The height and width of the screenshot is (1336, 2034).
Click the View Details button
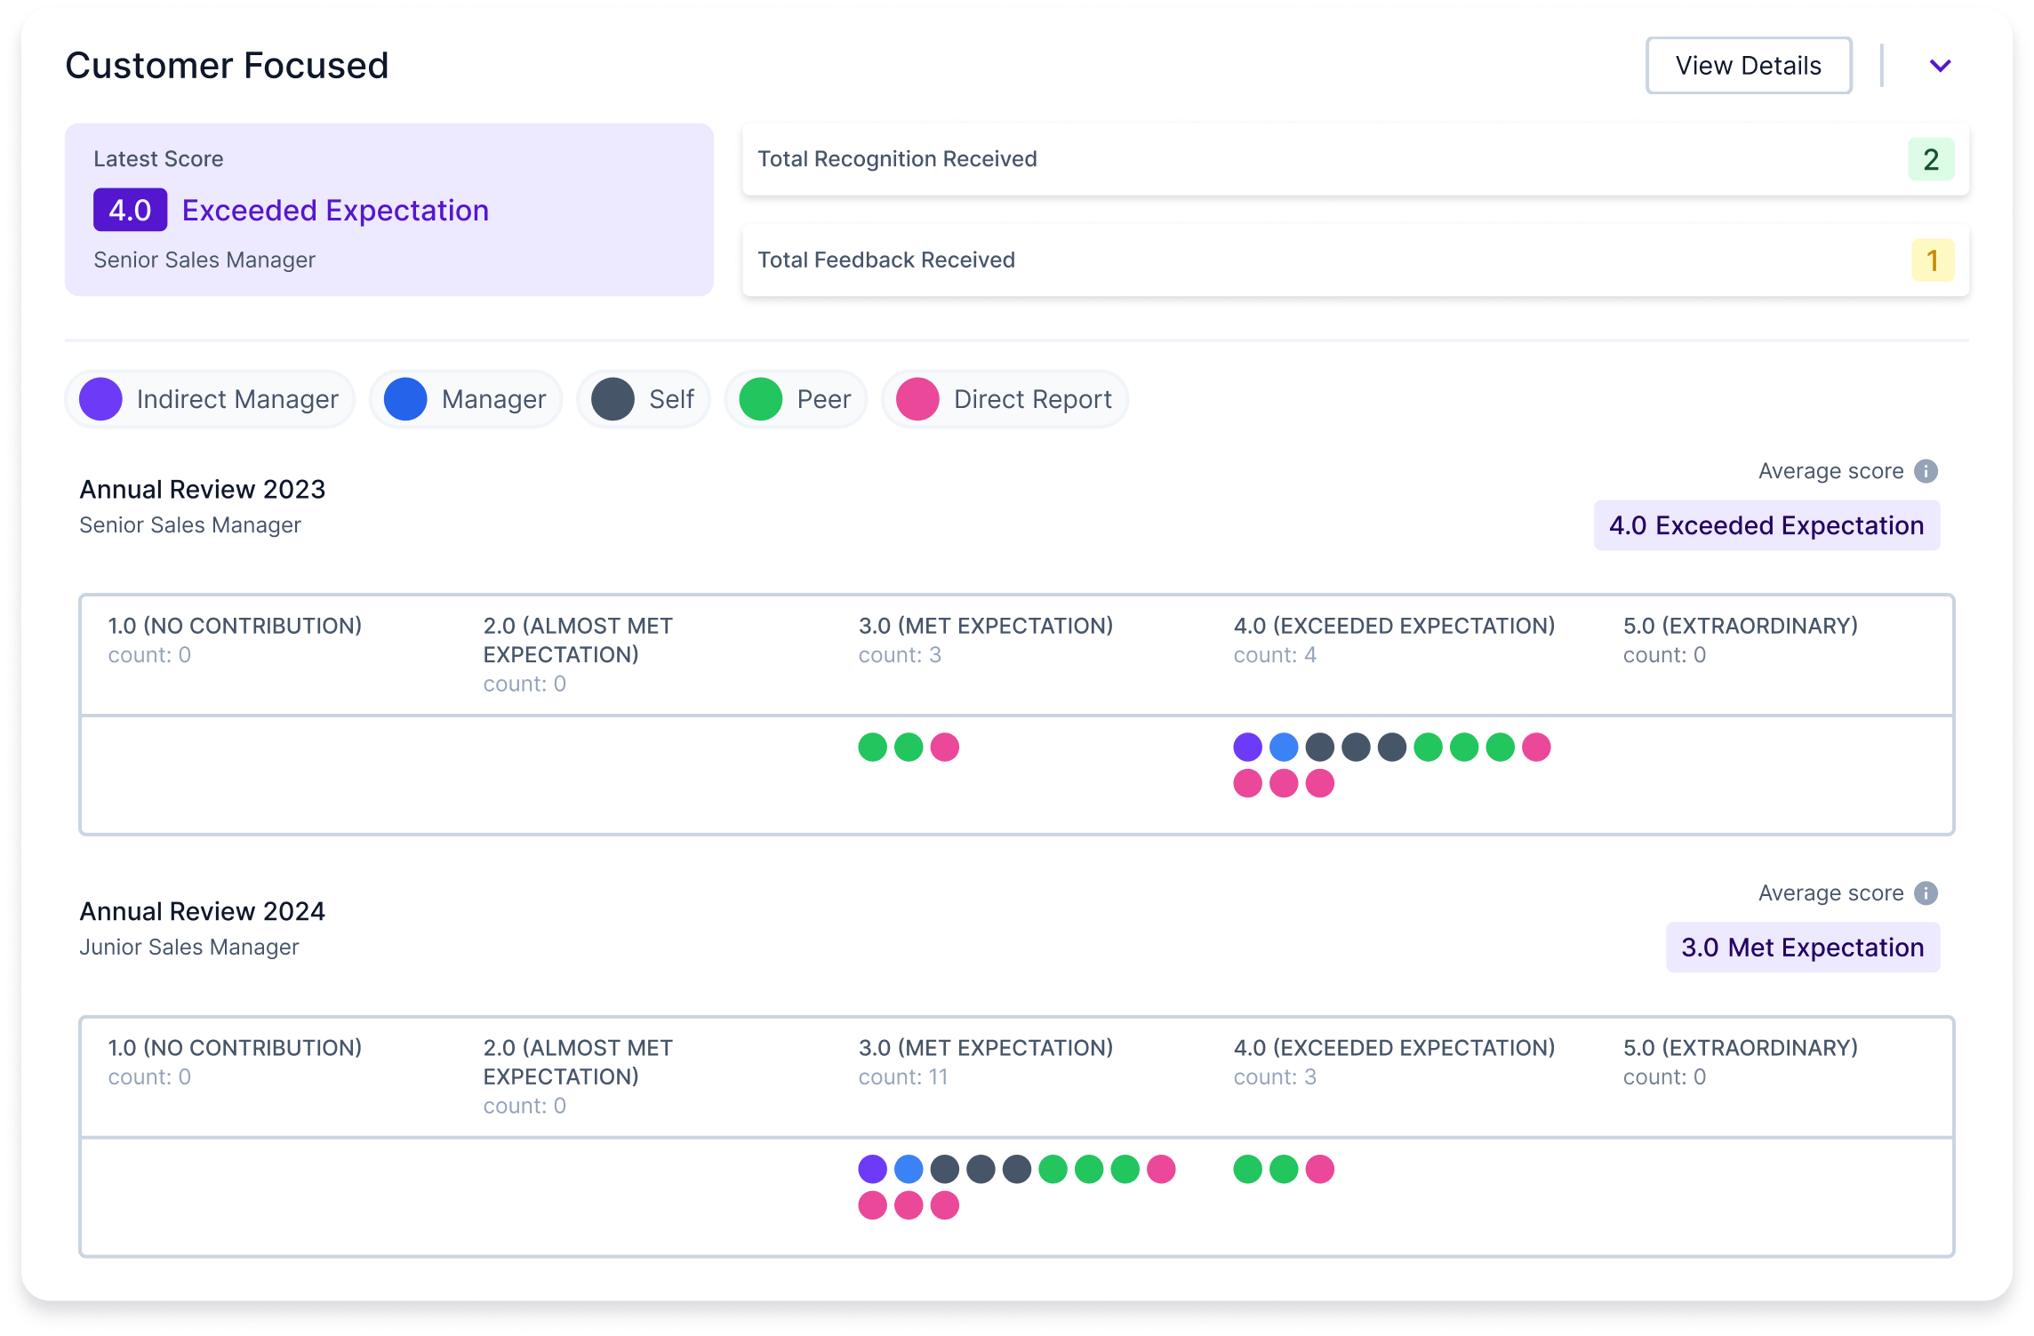[x=1748, y=66]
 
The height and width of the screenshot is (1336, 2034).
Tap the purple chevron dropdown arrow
[x=1940, y=66]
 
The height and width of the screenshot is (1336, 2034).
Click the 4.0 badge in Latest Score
[x=130, y=211]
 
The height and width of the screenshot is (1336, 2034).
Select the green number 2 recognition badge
[x=1930, y=160]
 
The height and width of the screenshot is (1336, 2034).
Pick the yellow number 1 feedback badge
[x=1932, y=260]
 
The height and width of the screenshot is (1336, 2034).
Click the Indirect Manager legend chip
[x=210, y=399]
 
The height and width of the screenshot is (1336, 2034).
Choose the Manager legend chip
[x=466, y=399]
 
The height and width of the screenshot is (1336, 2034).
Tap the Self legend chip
[x=643, y=399]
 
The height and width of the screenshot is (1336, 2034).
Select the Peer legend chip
[x=795, y=399]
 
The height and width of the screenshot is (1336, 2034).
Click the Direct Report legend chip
[x=1005, y=399]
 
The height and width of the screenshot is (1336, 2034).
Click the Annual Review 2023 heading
[x=203, y=490]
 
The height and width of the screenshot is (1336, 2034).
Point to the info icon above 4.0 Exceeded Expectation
[x=1926, y=471]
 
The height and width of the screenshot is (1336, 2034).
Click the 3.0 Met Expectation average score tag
[x=1802, y=948]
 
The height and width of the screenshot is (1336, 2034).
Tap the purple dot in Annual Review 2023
[x=1247, y=748]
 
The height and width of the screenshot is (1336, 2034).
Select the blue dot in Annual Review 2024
[x=909, y=1170]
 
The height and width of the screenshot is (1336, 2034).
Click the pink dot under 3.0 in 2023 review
[x=944, y=748]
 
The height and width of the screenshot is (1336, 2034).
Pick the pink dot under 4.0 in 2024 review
[x=1319, y=1170]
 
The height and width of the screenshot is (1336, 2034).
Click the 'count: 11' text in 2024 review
[x=902, y=1077]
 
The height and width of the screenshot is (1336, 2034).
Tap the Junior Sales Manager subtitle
[x=189, y=948]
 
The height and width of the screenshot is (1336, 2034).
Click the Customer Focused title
[x=227, y=66]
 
